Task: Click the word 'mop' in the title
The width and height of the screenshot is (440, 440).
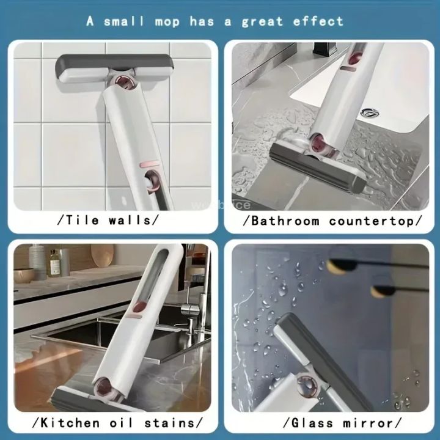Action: click(x=156, y=21)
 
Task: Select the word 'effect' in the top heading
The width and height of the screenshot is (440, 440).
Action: click(x=319, y=21)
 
